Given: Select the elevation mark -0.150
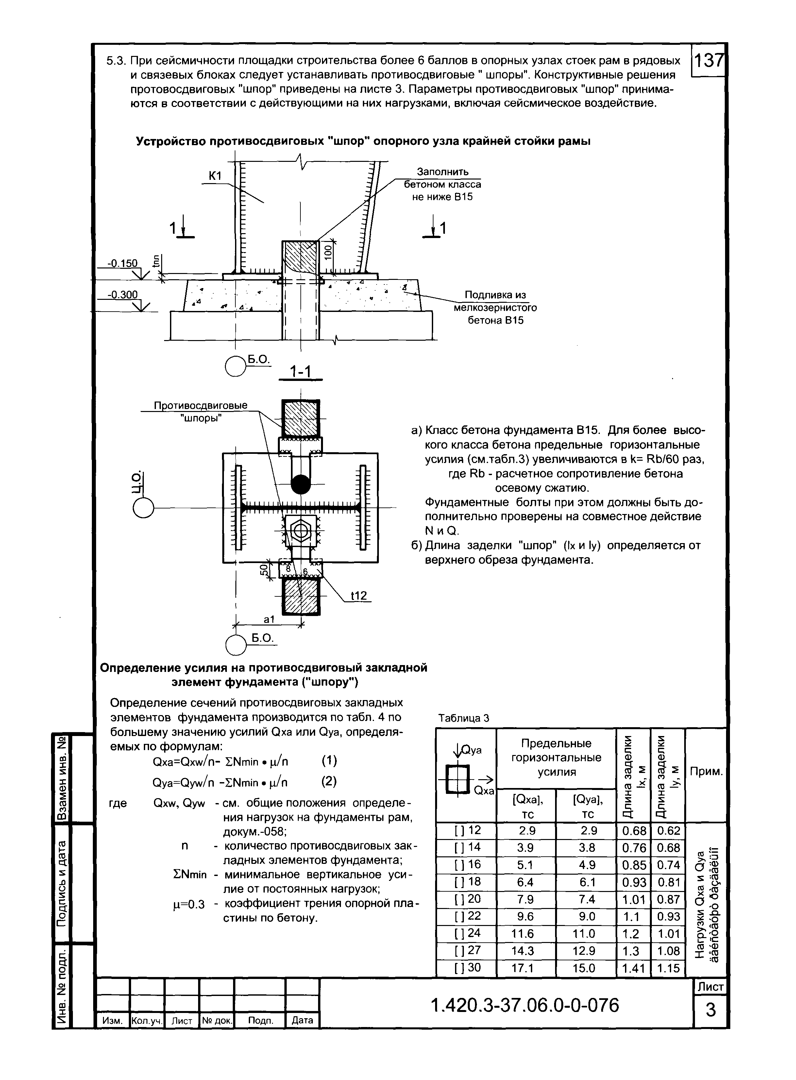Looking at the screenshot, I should tap(122, 264).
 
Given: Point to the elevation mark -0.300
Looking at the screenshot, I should tap(122, 295).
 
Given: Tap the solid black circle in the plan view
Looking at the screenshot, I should tap(301, 484).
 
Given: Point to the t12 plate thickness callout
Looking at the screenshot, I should tap(359, 596).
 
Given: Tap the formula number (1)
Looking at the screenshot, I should tap(329, 761).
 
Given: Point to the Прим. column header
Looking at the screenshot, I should tap(706, 772).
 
